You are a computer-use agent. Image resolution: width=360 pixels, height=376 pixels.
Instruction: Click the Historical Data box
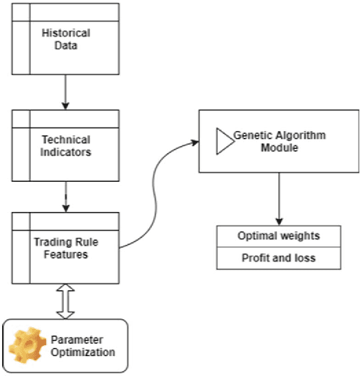click(65, 38)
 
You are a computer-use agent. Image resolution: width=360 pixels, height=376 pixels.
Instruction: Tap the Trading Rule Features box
click(65, 247)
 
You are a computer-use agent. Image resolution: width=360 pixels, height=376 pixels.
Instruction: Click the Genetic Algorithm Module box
click(278, 141)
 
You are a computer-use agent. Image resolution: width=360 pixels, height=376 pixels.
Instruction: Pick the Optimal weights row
click(278, 236)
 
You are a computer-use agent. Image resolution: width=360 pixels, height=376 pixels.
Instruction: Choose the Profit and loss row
click(278, 258)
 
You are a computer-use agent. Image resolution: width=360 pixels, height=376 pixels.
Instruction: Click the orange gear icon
click(28, 346)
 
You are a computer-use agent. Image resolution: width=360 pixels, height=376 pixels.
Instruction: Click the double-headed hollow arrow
click(65, 301)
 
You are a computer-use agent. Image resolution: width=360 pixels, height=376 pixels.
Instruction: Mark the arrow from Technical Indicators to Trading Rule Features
click(65, 196)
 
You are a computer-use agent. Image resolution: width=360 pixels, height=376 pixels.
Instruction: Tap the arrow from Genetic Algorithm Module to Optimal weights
click(278, 198)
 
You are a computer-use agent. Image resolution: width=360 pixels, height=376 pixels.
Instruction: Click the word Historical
click(66, 33)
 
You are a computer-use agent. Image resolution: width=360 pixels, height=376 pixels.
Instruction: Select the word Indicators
click(66, 151)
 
